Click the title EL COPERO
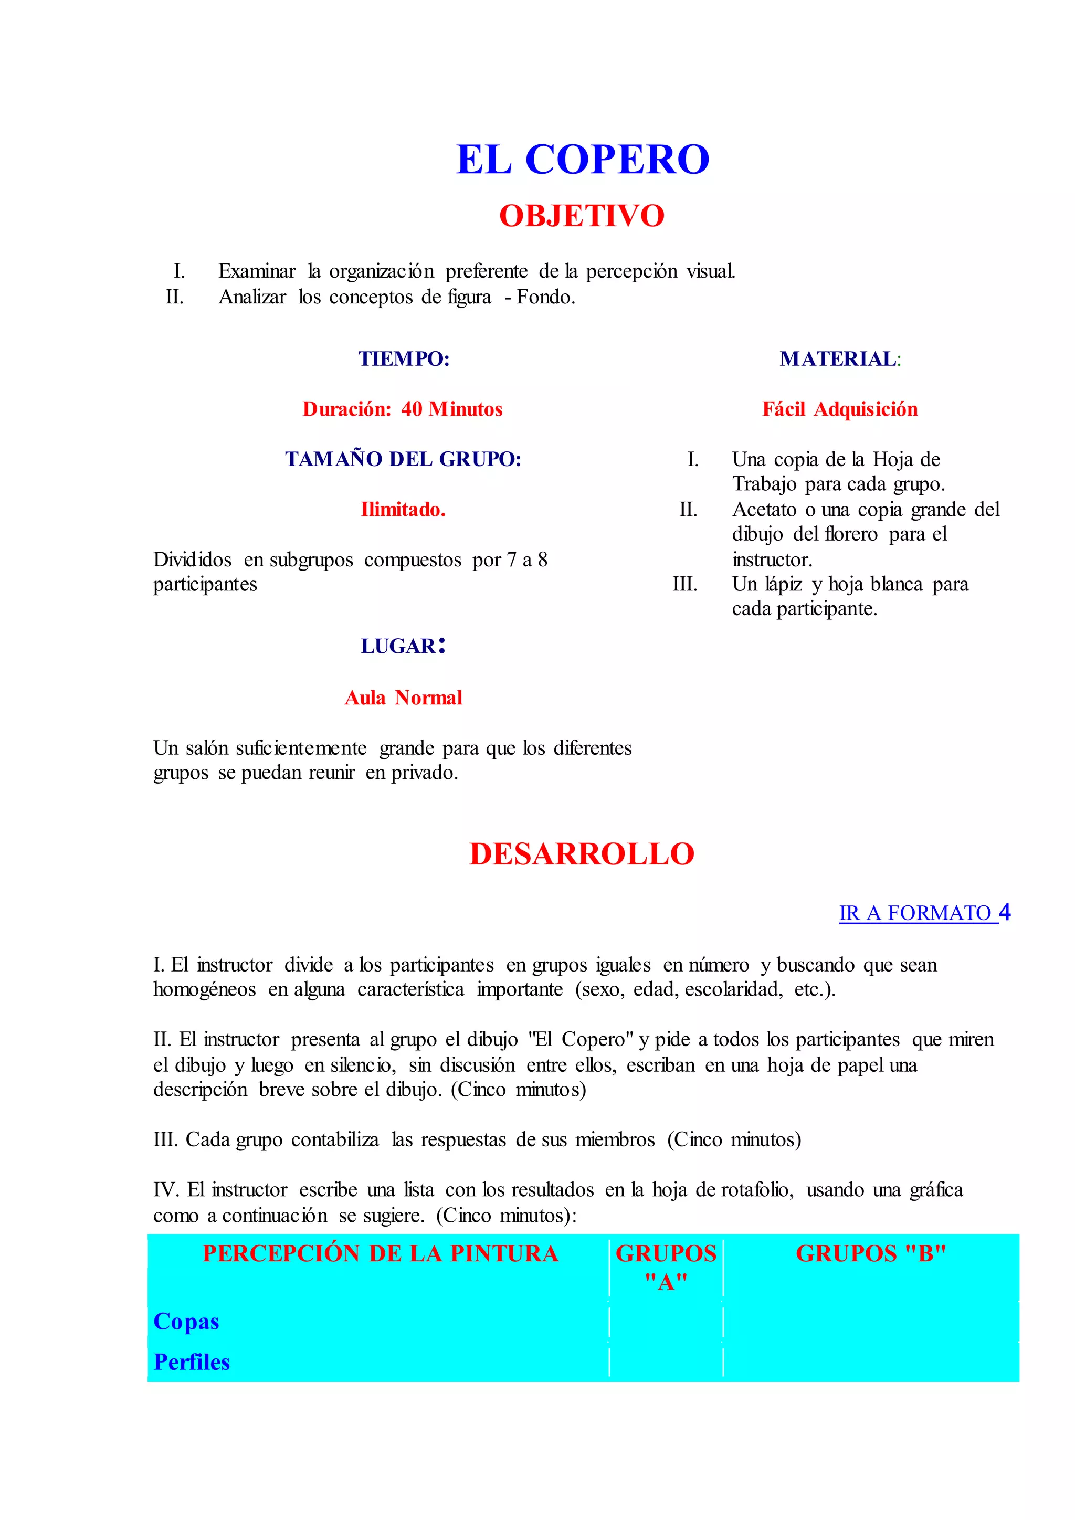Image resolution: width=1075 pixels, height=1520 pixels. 583,160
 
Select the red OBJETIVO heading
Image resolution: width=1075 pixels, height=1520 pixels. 582,216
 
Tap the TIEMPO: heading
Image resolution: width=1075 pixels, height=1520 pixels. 404,359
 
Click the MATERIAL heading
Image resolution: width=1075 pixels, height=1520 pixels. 839,359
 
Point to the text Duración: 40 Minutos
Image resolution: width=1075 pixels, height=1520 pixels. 403,409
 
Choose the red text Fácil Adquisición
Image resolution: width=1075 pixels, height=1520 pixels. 839,409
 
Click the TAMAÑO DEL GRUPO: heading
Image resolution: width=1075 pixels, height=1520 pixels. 403,459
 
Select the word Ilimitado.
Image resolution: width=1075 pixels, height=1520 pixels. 403,509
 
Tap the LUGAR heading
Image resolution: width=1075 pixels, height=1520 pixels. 403,646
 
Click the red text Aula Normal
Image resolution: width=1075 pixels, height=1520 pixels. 403,698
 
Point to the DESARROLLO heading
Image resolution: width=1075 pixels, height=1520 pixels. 582,854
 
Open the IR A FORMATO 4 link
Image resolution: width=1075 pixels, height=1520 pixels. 924,913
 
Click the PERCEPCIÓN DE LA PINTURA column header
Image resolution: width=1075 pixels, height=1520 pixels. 380,1254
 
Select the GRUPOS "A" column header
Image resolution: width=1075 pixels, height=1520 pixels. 666,1267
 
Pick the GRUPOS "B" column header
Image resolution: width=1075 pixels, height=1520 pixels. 870,1254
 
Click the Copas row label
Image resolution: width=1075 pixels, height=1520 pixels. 186,1322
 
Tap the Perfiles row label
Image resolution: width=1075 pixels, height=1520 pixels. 191,1362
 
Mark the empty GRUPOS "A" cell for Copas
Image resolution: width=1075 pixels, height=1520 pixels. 666,1322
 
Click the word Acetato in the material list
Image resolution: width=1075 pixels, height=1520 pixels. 764,510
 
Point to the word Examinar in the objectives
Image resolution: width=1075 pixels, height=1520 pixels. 257,271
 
